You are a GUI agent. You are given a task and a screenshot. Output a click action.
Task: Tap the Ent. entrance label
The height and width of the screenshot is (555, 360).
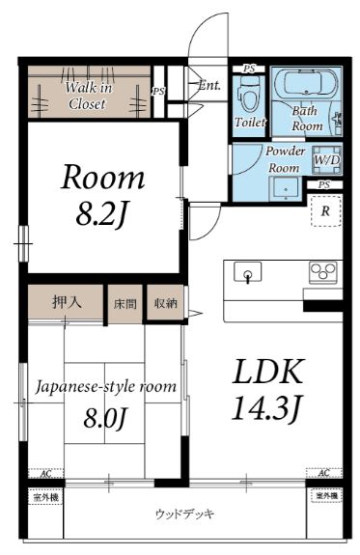[209, 85]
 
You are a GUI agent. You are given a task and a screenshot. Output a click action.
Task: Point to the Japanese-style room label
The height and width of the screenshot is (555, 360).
[106, 387]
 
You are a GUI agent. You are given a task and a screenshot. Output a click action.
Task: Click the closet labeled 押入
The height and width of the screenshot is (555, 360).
[65, 302]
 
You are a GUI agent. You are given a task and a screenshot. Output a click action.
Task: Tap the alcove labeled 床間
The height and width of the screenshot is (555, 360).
[125, 303]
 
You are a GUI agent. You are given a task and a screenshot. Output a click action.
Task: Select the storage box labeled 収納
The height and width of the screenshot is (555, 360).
[165, 303]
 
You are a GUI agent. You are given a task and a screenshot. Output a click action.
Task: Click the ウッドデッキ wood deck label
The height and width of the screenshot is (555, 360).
[183, 513]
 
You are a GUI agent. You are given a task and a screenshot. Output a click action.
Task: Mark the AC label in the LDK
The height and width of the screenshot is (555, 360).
[323, 473]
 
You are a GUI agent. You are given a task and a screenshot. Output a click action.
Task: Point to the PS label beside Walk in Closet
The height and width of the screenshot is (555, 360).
[158, 91]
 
